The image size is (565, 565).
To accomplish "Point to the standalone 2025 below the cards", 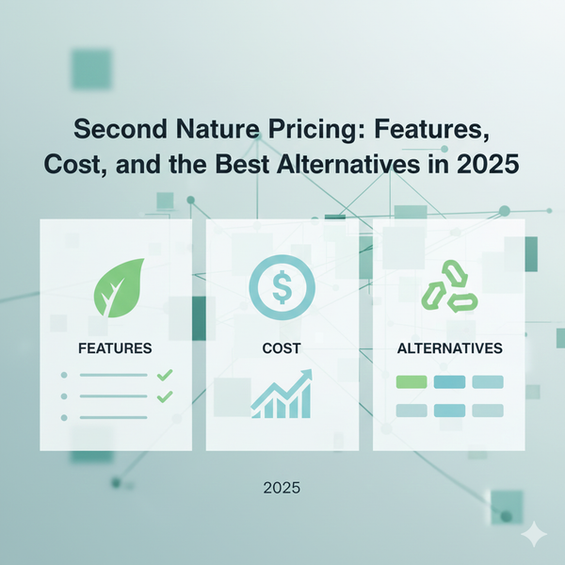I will pyautogui.click(x=282, y=490).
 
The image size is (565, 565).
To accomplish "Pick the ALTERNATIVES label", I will pyautogui.click(x=448, y=348).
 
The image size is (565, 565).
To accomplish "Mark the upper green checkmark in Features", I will pyautogui.click(x=165, y=375).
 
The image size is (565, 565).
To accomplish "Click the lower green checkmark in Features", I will pyautogui.click(x=165, y=395).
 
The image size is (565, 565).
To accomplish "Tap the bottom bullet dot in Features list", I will pyautogui.click(x=64, y=417).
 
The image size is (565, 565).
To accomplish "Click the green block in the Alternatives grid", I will pyautogui.click(x=412, y=381).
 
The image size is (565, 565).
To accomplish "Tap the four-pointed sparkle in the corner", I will pyautogui.click(x=536, y=534).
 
